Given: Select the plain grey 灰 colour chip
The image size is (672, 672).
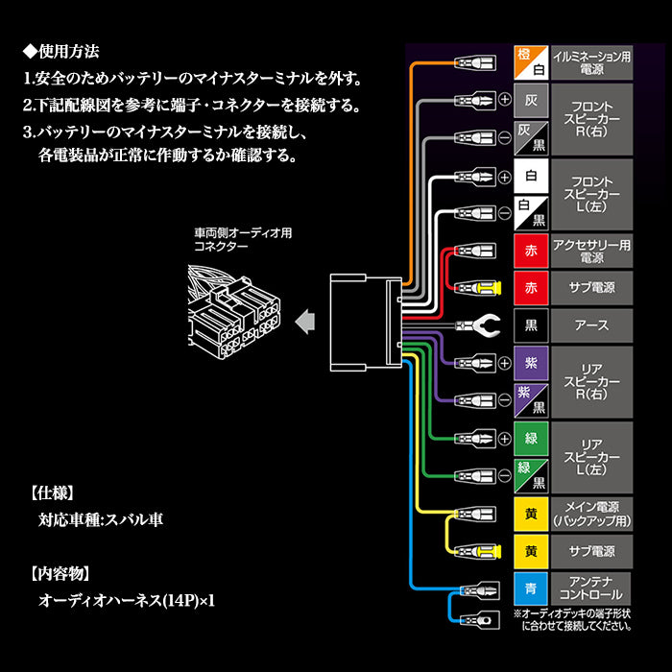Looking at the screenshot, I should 531,98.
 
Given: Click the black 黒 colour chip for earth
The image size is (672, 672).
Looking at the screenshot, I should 531,324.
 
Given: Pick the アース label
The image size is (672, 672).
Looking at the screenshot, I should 592,324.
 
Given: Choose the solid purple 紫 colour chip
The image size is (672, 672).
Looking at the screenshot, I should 531,362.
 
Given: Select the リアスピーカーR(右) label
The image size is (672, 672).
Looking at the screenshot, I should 592,380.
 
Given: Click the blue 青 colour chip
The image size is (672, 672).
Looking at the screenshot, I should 531,587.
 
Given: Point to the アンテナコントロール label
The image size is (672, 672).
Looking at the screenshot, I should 592,587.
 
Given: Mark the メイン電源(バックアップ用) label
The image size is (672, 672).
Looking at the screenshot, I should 592,513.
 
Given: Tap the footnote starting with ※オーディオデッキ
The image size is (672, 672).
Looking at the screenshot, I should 572,619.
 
